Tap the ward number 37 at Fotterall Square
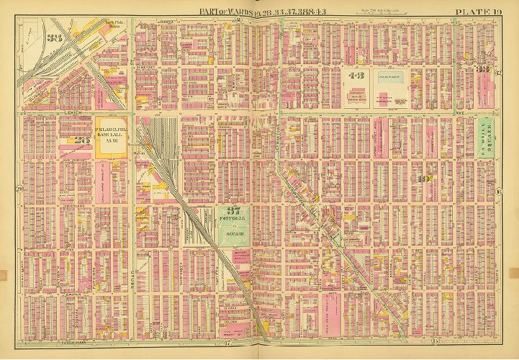click(x=233, y=211)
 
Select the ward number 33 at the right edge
click(x=484, y=70)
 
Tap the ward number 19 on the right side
click(x=425, y=179)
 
